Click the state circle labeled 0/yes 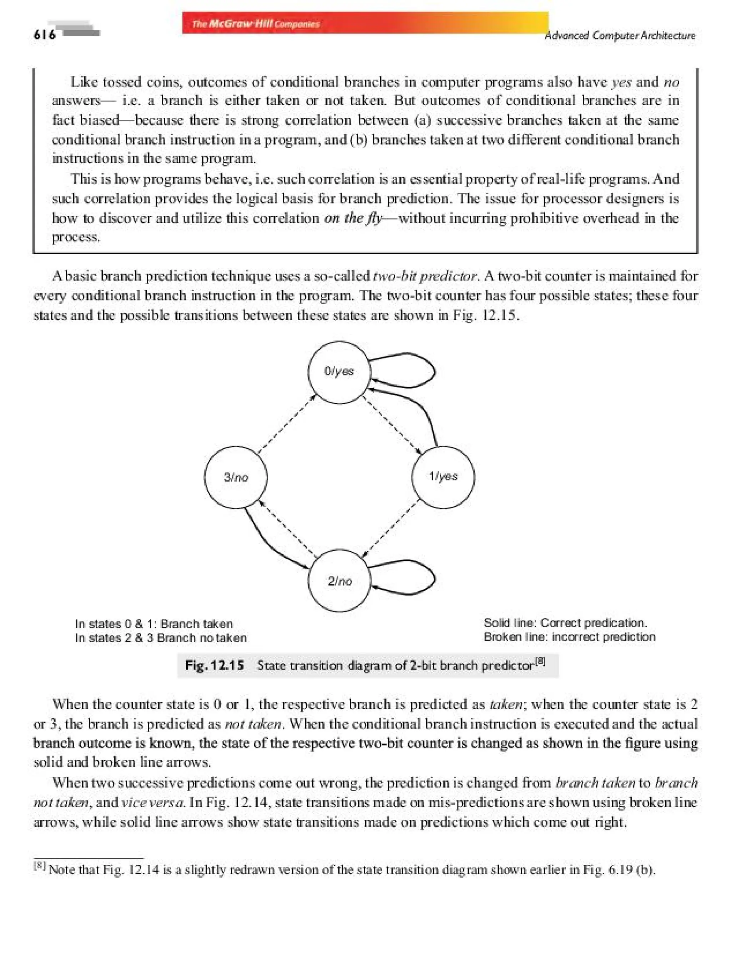tap(339, 373)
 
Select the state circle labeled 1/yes tap(443, 477)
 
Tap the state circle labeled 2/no tap(339, 581)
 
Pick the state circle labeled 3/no tap(236, 477)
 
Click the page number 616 tap(44, 35)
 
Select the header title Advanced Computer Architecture tap(620, 36)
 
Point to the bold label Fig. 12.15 tap(214, 665)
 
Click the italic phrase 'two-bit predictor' tap(425, 276)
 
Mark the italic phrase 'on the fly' tap(352, 218)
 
